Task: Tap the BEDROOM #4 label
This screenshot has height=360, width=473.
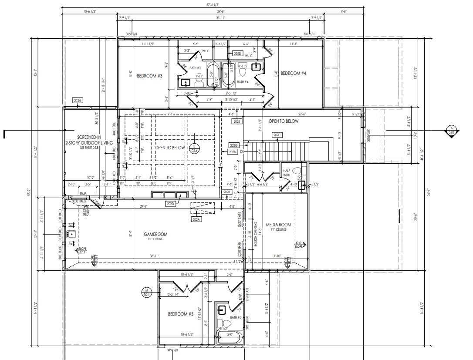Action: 293,73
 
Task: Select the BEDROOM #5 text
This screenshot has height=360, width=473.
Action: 181,314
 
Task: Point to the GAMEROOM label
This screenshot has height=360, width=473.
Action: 155,234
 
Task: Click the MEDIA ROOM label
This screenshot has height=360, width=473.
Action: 278,225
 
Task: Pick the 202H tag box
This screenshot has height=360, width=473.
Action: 78,101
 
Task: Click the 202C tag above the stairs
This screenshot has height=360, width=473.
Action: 277,135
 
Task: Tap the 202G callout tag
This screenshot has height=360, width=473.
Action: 234,145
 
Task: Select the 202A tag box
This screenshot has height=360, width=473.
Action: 196,220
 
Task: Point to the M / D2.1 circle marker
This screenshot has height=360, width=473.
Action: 146,293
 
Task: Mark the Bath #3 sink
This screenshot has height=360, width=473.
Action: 186,82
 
